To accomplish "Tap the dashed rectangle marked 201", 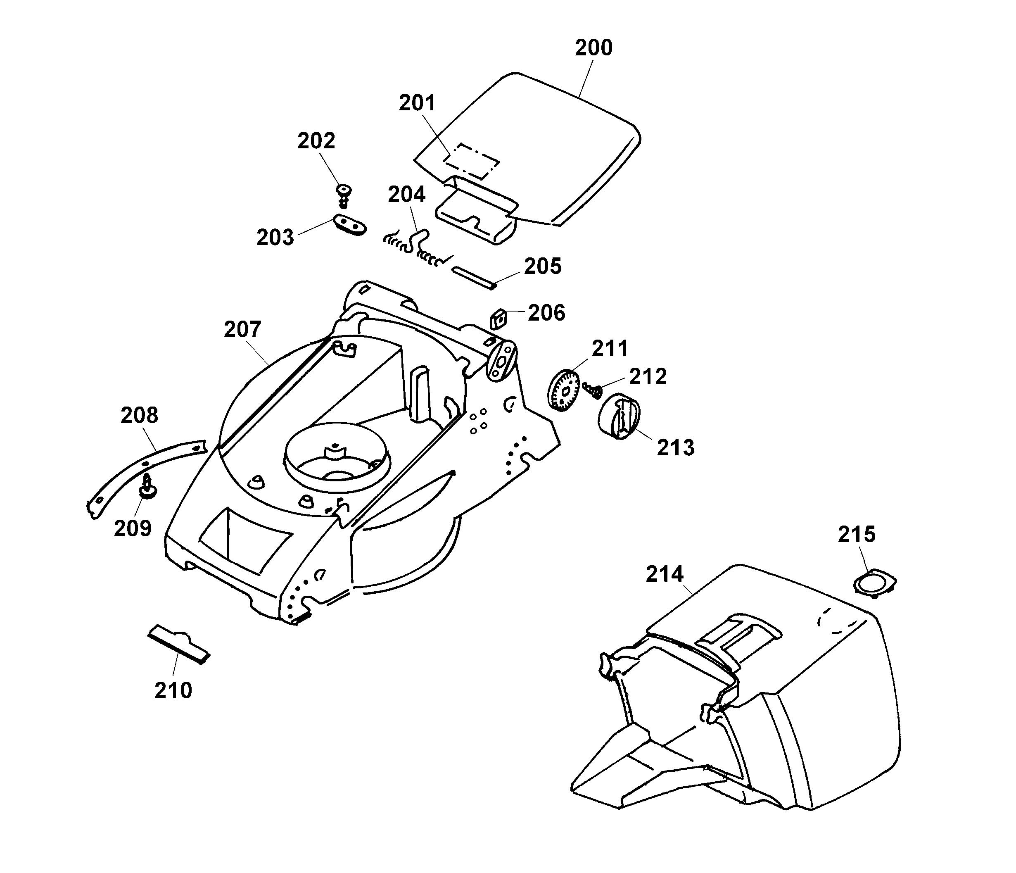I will [471, 160].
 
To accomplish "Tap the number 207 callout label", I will [242, 330].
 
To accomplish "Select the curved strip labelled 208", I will [142, 472].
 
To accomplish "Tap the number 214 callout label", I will [665, 574].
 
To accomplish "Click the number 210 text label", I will [173, 690].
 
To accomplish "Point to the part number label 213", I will [675, 448].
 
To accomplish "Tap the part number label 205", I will [542, 266].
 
